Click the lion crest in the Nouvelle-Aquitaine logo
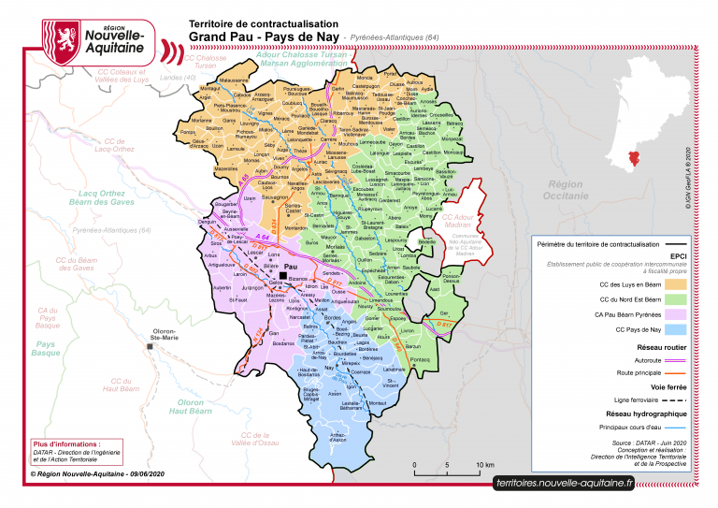(x=63, y=38)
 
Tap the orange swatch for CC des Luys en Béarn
(x=681, y=282)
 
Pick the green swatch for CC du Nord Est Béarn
(x=681, y=299)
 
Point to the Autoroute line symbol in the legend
(x=681, y=359)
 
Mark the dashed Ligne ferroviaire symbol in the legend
(x=681, y=399)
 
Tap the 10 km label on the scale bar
(x=486, y=465)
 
